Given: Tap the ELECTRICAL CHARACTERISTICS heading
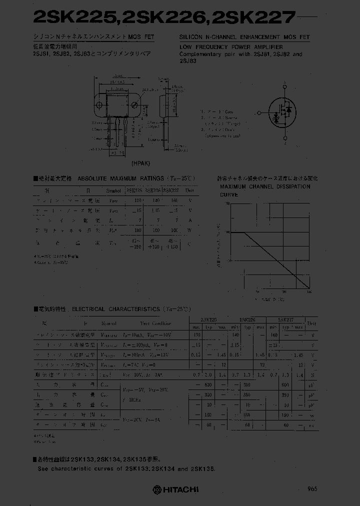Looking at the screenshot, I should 116,309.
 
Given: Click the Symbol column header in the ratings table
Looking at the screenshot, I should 113,190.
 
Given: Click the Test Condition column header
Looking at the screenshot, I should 155,323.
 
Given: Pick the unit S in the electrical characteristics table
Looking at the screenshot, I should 312,374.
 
